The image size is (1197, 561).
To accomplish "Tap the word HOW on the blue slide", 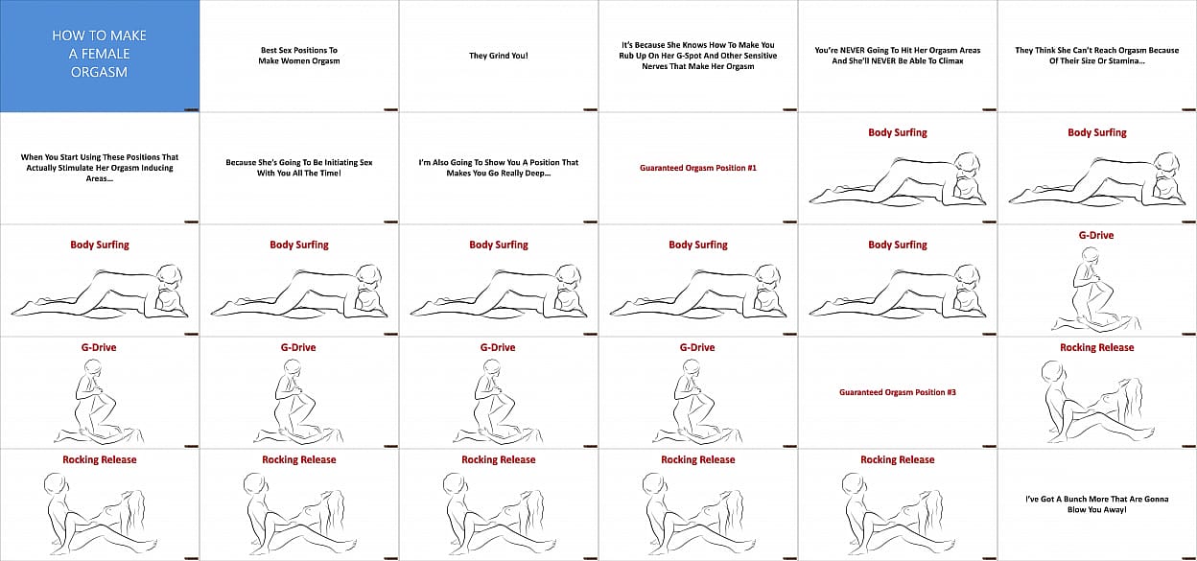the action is (x=64, y=35).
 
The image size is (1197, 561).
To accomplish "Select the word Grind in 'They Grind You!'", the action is (x=499, y=56).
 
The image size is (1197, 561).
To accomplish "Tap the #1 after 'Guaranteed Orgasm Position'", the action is (x=751, y=168).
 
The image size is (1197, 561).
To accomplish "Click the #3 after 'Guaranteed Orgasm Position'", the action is (x=951, y=392).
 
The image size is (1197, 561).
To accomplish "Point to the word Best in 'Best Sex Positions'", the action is (x=269, y=50).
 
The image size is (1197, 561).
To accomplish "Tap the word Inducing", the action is (x=156, y=168).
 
